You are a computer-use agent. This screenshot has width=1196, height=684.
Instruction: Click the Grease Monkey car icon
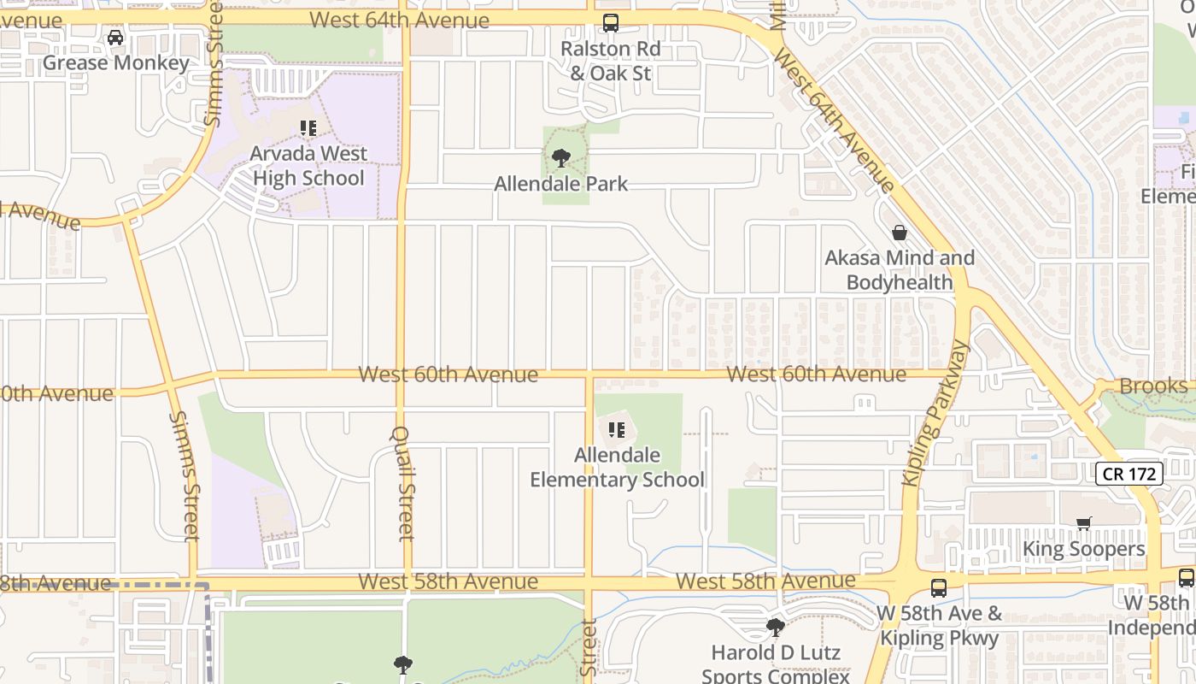pyautogui.click(x=115, y=38)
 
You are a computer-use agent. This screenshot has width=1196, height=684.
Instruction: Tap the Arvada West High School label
pyautogui.click(x=308, y=166)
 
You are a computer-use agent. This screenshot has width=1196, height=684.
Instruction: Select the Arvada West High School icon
pyautogui.click(x=308, y=128)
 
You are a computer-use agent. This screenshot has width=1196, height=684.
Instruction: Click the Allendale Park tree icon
pyautogui.click(x=561, y=158)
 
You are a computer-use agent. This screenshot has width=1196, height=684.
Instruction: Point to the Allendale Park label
pyautogui.click(x=561, y=184)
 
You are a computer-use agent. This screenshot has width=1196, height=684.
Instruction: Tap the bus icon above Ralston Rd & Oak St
pyautogui.click(x=610, y=23)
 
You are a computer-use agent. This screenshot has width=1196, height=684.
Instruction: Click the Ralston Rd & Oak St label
pyautogui.click(x=610, y=61)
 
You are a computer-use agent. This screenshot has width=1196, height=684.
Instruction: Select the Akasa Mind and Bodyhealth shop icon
pyautogui.click(x=900, y=233)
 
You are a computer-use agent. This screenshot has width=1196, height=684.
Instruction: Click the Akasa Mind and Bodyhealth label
pyautogui.click(x=900, y=270)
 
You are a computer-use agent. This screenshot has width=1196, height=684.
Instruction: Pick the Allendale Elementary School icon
pyautogui.click(x=617, y=430)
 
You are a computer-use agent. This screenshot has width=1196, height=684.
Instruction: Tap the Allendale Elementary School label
pyautogui.click(x=617, y=468)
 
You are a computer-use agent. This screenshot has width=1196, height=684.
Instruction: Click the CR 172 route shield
pyautogui.click(x=1129, y=474)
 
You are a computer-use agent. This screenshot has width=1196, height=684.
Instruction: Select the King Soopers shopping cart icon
pyautogui.click(x=1083, y=523)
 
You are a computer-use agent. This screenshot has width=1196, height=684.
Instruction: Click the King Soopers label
pyautogui.click(x=1083, y=549)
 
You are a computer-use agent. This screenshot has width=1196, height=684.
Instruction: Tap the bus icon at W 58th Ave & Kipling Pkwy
pyautogui.click(x=939, y=588)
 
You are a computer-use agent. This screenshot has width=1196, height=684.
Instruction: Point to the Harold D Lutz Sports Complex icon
pyautogui.click(x=775, y=628)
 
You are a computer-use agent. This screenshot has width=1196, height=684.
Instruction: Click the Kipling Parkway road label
pyautogui.click(x=936, y=413)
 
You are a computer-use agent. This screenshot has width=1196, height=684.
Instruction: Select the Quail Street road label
pyautogui.click(x=405, y=483)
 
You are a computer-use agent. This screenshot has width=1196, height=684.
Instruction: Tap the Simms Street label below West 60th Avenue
pyautogui.click(x=185, y=475)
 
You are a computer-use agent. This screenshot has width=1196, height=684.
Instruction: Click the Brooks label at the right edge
pyautogui.click(x=1152, y=386)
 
